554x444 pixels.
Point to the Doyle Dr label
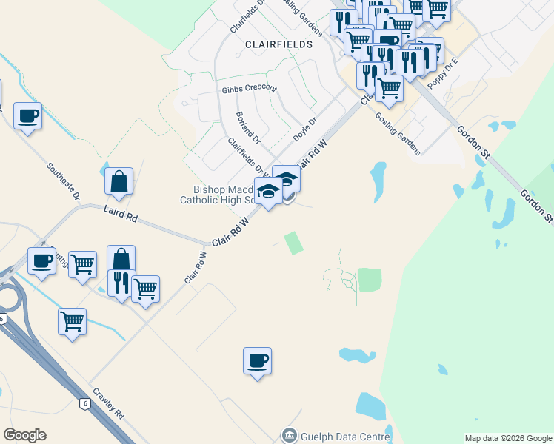click(x=305, y=129)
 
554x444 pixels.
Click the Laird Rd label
click(x=121, y=215)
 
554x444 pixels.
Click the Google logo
click(x=24, y=435)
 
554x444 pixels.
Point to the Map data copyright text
click(x=508, y=438)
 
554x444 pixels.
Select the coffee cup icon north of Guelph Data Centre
click(x=257, y=361)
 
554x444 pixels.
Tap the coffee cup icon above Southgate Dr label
click(x=27, y=116)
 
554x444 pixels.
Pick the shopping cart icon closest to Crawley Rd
click(x=72, y=322)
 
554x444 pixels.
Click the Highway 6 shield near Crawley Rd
click(x=85, y=403)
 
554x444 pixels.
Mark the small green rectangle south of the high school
click(x=294, y=243)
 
